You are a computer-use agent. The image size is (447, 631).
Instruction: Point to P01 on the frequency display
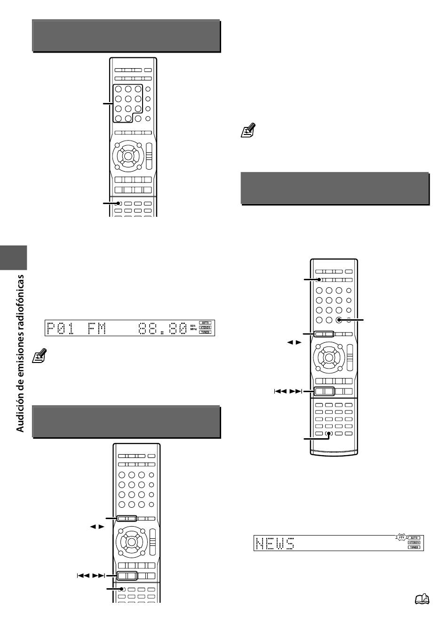(x=60, y=329)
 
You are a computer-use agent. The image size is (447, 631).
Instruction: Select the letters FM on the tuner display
(x=96, y=329)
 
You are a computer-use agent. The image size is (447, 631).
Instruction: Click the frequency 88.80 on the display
(x=162, y=329)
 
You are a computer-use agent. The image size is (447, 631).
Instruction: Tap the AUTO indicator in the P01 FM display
(x=205, y=323)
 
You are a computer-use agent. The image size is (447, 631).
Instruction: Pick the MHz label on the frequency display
(x=193, y=329)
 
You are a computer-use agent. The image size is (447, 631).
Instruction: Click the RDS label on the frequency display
(x=193, y=326)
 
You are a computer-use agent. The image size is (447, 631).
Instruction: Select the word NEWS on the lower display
(x=275, y=544)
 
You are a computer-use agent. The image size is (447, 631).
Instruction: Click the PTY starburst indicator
(x=402, y=537)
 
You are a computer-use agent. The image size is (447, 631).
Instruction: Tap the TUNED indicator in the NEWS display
(x=414, y=547)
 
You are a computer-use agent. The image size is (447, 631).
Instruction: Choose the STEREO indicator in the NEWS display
(x=414, y=542)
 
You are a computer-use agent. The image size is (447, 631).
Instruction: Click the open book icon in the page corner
(x=422, y=599)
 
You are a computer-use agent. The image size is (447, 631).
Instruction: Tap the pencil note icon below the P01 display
(x=40, y=355)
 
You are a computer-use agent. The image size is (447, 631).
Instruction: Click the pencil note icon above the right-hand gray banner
(x=248, y=130)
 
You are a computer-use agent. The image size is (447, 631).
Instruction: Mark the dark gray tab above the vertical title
(x=13, y=258)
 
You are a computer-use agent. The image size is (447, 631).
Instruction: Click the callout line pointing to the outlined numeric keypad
(x=108, y=103)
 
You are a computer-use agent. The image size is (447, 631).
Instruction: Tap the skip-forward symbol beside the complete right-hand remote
(x=296, y=391)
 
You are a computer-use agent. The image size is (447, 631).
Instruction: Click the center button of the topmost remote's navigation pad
(x=128, y=156)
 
